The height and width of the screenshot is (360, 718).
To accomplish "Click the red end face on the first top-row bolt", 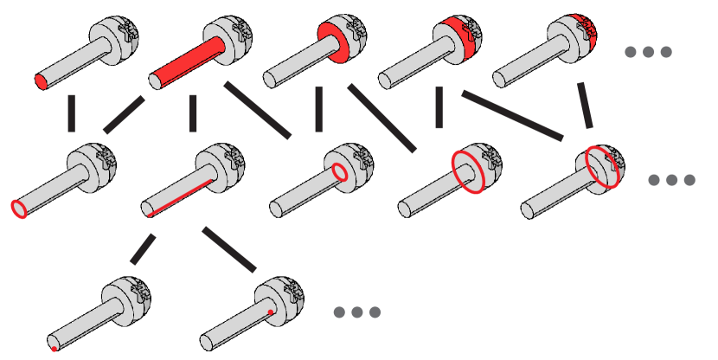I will click(x=41, y=82).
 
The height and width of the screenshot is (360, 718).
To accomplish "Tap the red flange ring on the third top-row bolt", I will click(x=332, y=41).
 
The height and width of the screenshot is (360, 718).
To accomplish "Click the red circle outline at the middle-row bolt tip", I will click(x=18, y=208).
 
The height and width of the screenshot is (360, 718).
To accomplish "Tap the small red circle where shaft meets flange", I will click(x=340, y=172).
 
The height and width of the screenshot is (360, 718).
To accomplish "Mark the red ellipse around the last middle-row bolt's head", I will click(x=603, y=166).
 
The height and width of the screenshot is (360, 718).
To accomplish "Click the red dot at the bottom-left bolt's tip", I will click(x=54, y=349).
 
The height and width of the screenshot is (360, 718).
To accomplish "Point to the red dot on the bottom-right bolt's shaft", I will click(x=271, y=312).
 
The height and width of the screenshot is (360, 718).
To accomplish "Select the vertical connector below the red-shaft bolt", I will click(x=193, y=112).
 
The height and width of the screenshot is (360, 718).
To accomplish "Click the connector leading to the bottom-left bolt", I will click(x=143, y=249).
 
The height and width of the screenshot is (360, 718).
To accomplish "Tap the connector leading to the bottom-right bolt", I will click(x=229, y=249).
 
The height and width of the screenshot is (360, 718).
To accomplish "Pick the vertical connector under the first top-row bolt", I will click(x=71, y=112).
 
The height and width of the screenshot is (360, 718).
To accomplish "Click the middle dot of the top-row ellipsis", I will click(x=648, y=52).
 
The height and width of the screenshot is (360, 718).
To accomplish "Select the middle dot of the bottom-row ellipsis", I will click(x=357, y=312).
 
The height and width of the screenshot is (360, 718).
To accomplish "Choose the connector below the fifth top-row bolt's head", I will click(x=586, y=105).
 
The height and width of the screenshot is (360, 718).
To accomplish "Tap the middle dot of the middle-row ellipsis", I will click(x=671, y=180).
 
